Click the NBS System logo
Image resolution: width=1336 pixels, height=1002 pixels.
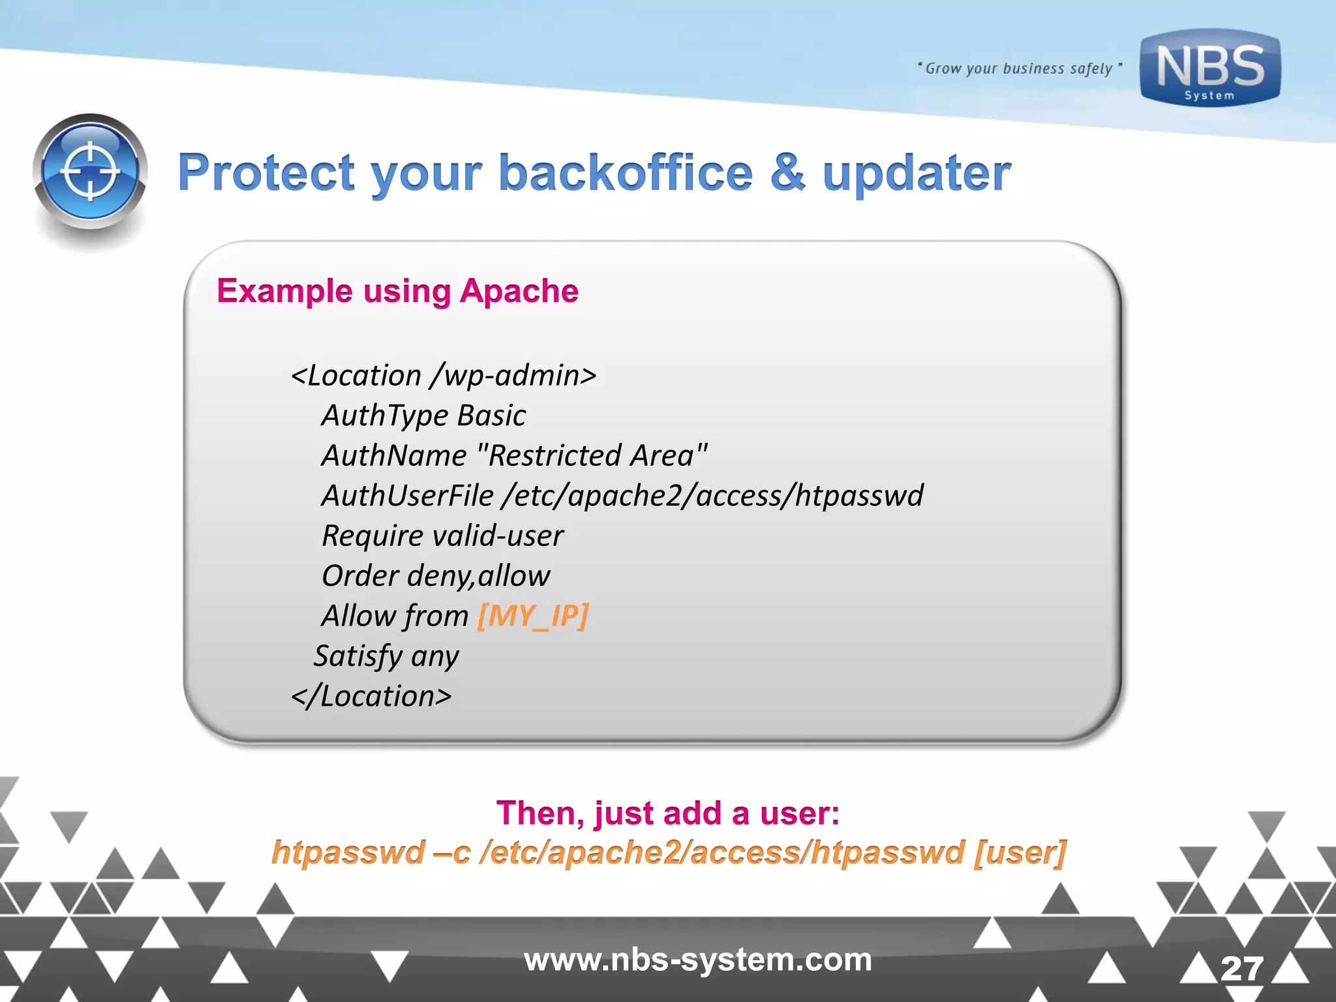click(x=1210, y=68)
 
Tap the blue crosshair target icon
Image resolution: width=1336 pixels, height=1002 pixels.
click(x=90, y=172)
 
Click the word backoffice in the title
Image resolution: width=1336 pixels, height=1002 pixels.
click(x=626, y=174)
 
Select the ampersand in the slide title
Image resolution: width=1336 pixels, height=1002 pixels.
click(x=787, y=174)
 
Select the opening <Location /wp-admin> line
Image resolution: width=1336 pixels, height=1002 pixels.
click(x=444, y=376)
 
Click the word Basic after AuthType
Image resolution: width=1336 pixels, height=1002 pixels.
click(x=491, y=416)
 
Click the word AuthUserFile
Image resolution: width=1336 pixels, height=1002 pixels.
click(x=408, y=496)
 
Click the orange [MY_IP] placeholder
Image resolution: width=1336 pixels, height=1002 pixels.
click(x=533, y=616)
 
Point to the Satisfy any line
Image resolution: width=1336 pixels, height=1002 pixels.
click(x=386, y=656)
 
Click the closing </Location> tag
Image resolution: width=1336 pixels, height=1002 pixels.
click(x=371, y=696)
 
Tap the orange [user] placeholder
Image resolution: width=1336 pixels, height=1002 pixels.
click(x=1020, y=853)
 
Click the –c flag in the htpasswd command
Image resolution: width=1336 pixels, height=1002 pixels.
click(x=451, y=853)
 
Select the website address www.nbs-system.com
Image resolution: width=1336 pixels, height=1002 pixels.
click(x=698, y=960)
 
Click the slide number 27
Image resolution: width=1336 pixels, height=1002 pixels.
click(x=1241, y=969)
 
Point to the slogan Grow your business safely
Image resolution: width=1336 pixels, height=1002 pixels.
click(x=1019, y=68)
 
